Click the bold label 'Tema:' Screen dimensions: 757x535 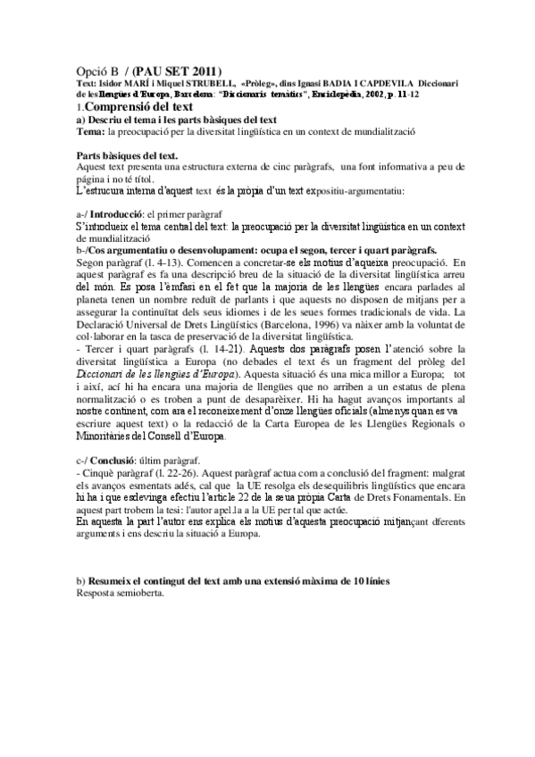[x=90, y=131]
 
